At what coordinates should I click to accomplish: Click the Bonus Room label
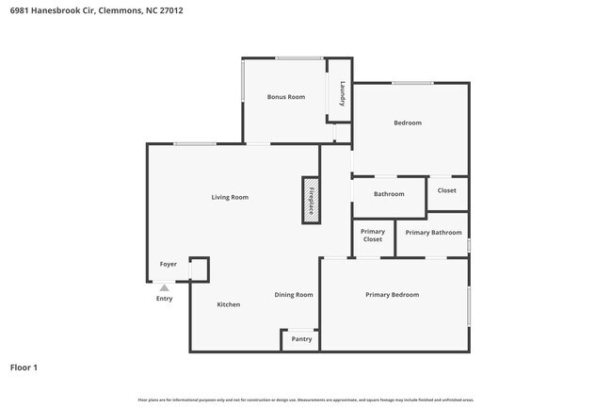click(x=285, y=97)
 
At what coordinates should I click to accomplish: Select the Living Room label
click(x=230, y=197)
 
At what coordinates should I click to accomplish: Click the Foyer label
click(x=168, y=264)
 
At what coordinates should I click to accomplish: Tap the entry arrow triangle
click(x=164, y=287)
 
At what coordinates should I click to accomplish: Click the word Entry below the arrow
click(x=164, y=299)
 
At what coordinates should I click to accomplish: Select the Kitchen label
click(x=229, y=304)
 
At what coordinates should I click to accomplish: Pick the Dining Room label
click(x=294, y=295)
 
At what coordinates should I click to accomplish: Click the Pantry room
click(x=301, y=338)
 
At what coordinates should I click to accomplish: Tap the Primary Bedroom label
click(x=392, y=295)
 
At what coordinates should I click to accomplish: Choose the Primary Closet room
click(x=373, y=236)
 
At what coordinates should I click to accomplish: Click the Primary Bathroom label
click(x=433, y=232)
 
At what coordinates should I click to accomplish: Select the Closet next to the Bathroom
click(x=446, y=190)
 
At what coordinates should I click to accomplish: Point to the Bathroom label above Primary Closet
click(x=389, y=194)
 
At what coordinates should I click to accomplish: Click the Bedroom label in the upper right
click(x=408, y=122)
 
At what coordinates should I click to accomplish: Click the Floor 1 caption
click(x=24, y=367)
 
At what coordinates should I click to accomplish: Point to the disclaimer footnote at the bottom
click(x=305, y=400)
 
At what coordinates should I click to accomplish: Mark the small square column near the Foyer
click(x=198, y=269)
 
